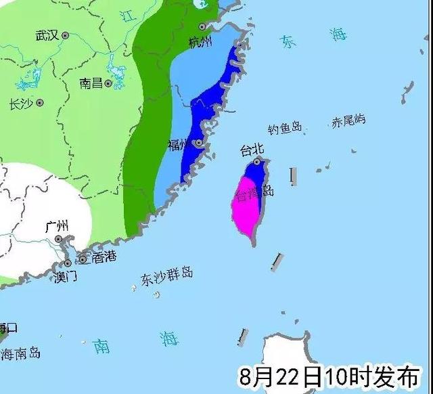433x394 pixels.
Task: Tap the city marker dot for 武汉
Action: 65,35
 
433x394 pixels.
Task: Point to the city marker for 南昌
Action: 108,83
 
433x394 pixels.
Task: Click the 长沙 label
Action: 20,104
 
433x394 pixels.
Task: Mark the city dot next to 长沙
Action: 40,103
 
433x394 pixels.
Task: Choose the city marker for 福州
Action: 198,144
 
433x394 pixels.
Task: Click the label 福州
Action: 179,145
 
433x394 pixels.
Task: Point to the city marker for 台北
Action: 257,162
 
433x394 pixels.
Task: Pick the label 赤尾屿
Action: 348,121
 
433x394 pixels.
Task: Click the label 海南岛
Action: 20,353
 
